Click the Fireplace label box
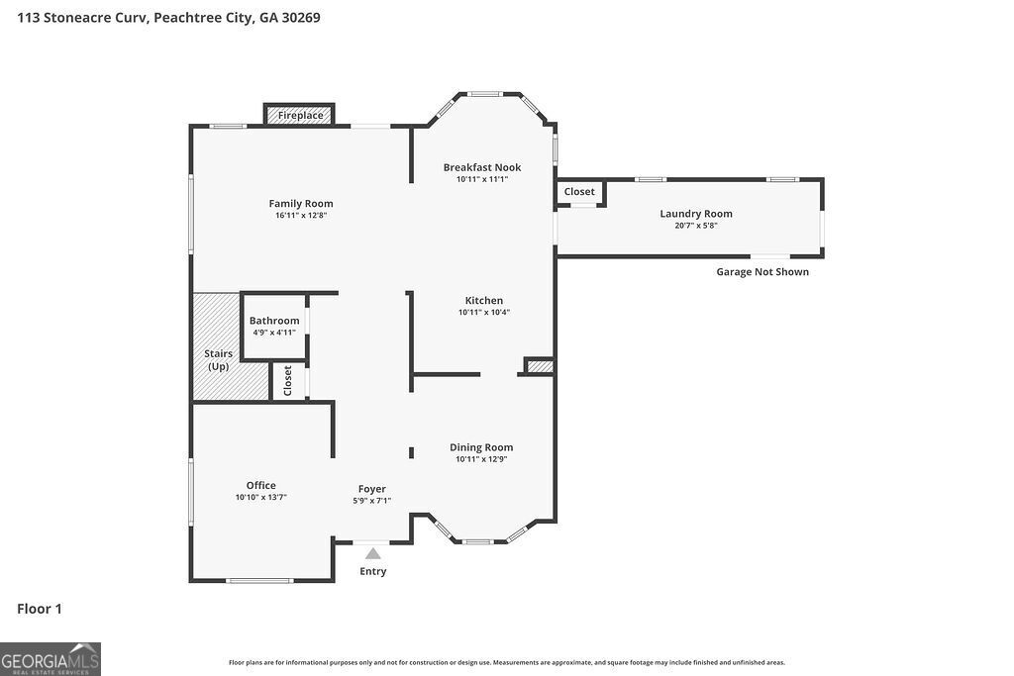[x=300, y=115]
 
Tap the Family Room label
[x=301, y=204]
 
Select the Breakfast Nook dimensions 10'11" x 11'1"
[x=482, y=179]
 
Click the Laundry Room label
[x=696, y=214]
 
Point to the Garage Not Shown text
[x=762, y=272]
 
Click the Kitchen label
[x=484, y=301]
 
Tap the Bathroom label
[x=274, y=321]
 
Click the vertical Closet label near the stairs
[x=288, y=381]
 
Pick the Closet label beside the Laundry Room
[x=579, y=192]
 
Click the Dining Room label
[x=481, y=447]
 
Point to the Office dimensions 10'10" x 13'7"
[x=261, y=497]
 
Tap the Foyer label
[x=372, y=489]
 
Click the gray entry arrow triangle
[x=373, y=554]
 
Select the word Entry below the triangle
[x=373, y=571]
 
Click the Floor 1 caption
[x=40, y=609]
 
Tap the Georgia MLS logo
[x=51, y=659]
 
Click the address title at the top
[x=168, y=18]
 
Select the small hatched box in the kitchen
[x=540, y=367]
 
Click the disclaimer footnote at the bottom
[x=507, y=663]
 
